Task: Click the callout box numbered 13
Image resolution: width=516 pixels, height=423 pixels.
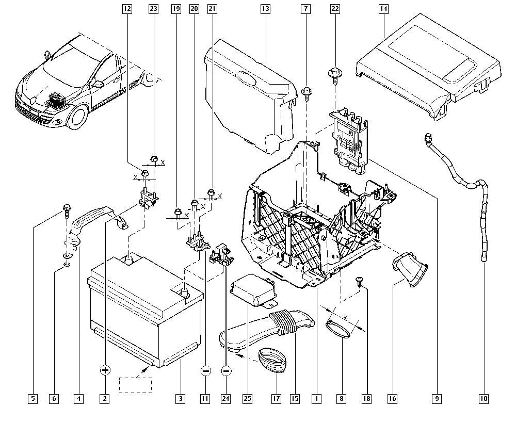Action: click(x=265, y=9)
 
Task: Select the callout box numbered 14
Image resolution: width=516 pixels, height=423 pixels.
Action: click(x=383, y=9)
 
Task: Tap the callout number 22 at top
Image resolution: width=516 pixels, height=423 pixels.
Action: click(x=335, y=9)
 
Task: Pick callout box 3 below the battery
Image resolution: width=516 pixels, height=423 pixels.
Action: click(x=180, y=398)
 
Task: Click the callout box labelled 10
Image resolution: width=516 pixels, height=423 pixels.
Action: click(x=483, y=398)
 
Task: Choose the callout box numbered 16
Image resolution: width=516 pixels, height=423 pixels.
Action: click(x=392, y=398)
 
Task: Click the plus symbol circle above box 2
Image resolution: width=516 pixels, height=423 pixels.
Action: click(x=105, y=370)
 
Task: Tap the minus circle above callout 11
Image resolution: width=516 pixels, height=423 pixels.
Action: click(x=205, y=370)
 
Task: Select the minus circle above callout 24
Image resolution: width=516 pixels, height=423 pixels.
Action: click(x=226, y=370)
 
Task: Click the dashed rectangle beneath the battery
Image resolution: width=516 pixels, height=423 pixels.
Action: click(x=136, y=385)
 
